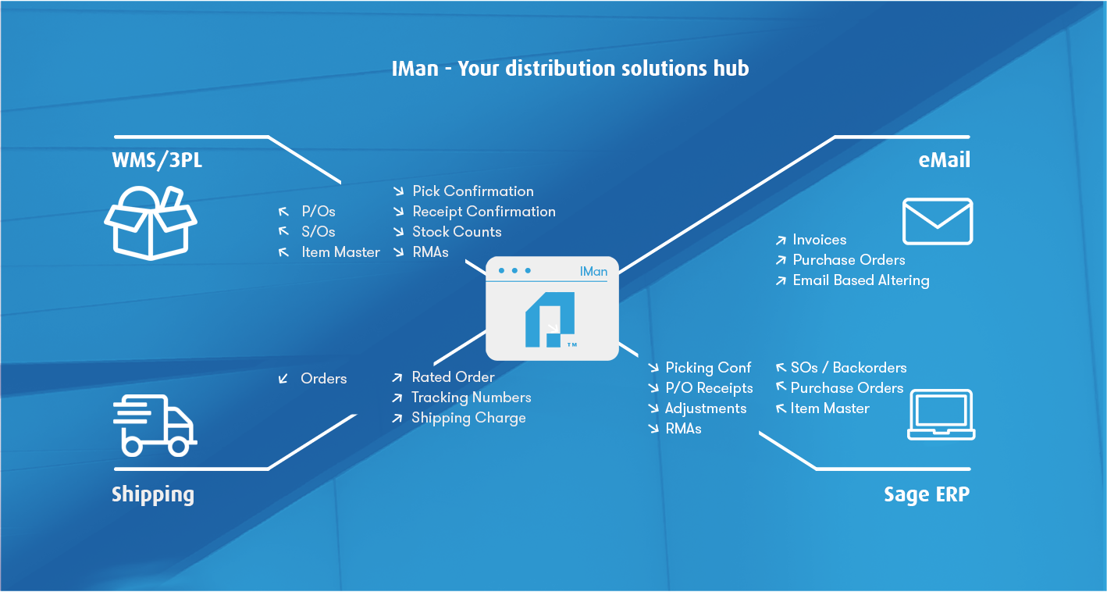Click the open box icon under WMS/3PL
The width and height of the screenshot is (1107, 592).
pyautogui.click(x=151, y=223)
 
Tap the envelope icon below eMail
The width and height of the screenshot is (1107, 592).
pyautogui.click(x=938, y=221)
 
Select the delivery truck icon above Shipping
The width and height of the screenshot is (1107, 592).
pyautogui.click(x=155, y=426)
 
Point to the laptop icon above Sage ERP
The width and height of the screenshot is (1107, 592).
pyautogui.click(x=941, y=415)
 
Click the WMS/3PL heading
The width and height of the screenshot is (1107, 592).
pyautogui.click(x=157, y=160)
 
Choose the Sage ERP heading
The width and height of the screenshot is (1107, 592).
pyautogui.click(x=927, y=494)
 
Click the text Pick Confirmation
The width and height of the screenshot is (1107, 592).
pyautogui.click(x=473, y=191)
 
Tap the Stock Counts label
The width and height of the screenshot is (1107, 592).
pyautogui.click(x=457, y=231)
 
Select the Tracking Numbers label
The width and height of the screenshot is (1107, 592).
pyautogui.click(x=471, y=397)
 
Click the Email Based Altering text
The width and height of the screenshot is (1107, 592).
pyautogui.click(x=861, y=280)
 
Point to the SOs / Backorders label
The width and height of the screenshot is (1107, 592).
pyautogui.click(x=849, y=368)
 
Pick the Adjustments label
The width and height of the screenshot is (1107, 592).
pyautogui.click(x=706, y=408)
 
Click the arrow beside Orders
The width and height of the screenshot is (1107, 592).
pyautogui.click(x=283, y=379)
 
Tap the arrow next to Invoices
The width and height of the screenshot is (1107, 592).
pyautogui.click(x=781, y=241)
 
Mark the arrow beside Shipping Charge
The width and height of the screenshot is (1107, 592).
pyautogui.click(x=397, y=419)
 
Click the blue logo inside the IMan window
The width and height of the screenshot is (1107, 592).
pyautogui.click(x=550, y=319)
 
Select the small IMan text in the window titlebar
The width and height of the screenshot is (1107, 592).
pyautogui.click(x=593, y=271)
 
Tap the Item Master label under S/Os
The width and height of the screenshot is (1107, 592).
pyautogui.click(x=340, y=252)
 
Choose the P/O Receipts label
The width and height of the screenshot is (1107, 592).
pyautogui.click(x=709, y=388)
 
